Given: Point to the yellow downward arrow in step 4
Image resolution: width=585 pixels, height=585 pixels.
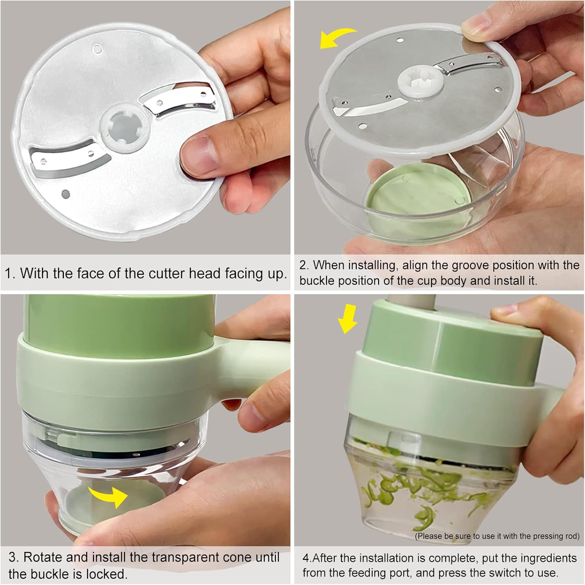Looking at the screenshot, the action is point(347,319).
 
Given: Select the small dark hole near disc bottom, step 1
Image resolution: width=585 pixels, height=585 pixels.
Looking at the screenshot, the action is point(66,193).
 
